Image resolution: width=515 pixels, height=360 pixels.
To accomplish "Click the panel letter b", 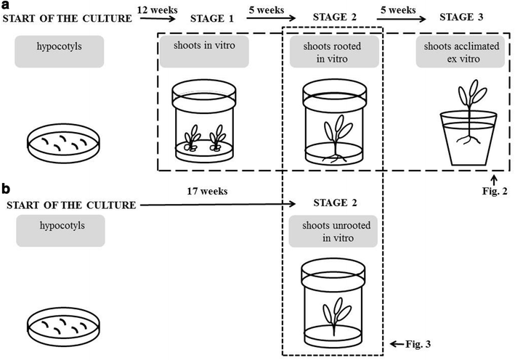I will [6, 189].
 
